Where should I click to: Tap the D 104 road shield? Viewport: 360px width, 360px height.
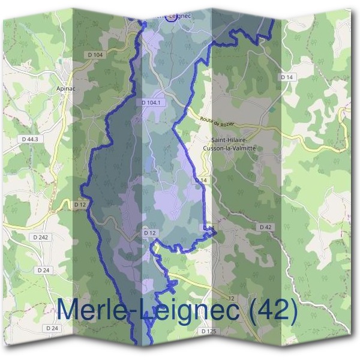(x=95, y=55)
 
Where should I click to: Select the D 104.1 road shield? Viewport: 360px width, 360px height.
(x=152, y=103)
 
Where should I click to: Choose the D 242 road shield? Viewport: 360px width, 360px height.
(x=41, y=237)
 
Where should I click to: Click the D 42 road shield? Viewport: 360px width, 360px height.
(x=266, y=227)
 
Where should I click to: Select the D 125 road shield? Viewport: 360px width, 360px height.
(x=208, y=331)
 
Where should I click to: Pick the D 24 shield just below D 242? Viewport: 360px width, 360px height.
(x=43, y=270)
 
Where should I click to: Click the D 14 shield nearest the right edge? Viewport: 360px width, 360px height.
(x=287, y=77)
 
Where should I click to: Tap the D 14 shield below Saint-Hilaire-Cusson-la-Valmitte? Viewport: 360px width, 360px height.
(x=200, y=180)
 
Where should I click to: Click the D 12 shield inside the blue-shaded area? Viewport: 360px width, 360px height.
(x=149, y=232)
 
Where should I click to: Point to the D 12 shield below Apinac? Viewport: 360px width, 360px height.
(x=79, y=205)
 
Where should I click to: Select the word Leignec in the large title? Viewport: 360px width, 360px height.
(x=189, y=310)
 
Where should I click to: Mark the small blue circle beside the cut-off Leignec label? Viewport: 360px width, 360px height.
(x=170, y=15)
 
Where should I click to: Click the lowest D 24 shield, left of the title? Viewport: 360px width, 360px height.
(x=52, y=328)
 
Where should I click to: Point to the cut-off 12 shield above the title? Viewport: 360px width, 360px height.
(x=232, y=298)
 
